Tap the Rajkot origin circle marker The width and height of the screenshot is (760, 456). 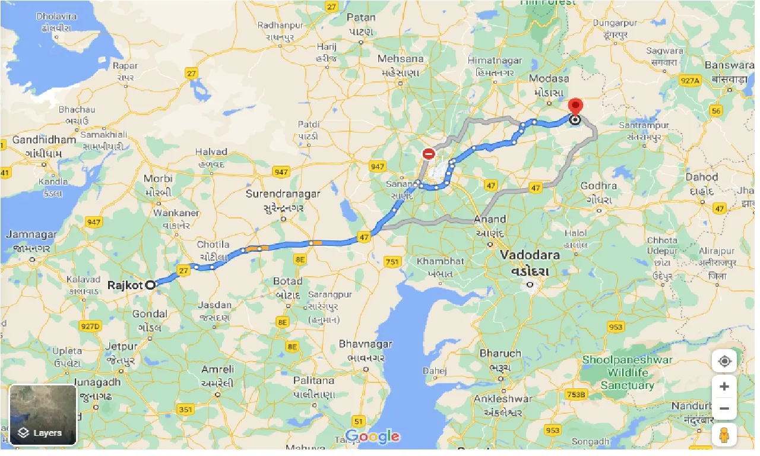(x=151, y=284)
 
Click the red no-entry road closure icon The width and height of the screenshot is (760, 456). (x=429, y=154)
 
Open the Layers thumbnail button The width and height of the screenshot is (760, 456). (x=43, y=414)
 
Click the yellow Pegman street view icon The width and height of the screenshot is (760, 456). (x=724, y=435)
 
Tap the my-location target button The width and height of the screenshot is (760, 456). (x=724, y=361)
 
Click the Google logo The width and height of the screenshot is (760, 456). (x=372, y=436)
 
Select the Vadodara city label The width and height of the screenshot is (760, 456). (x=530, y=255)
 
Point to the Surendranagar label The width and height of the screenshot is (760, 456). (x=283, y=194)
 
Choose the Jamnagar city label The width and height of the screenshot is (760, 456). (x=31, y=235)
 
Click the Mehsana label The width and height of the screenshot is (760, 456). (x=401, y=59)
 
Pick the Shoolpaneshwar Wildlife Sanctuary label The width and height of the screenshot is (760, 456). (x=627, y=372)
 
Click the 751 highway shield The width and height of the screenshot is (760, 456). (x=392, y=261)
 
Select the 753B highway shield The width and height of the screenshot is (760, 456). (x=575, y=394)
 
